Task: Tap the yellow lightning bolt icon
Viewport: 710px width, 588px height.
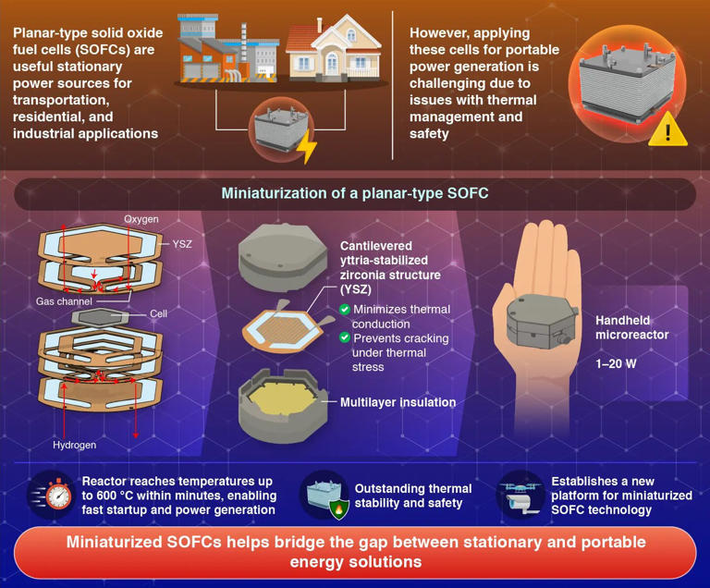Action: tap(306, 147)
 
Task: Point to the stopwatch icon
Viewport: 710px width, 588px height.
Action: tap(55, 496)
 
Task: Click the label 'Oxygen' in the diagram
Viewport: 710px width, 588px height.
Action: tap(141, 219)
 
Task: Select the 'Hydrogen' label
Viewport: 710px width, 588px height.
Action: tap(74, 445)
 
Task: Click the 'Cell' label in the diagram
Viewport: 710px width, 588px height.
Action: tap(161, 314)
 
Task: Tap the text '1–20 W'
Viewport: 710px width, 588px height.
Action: tap(616, 364)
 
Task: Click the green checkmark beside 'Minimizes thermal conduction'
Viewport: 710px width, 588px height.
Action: tap(345, 309)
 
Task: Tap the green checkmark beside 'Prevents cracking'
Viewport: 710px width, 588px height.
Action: tap(345, 337)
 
